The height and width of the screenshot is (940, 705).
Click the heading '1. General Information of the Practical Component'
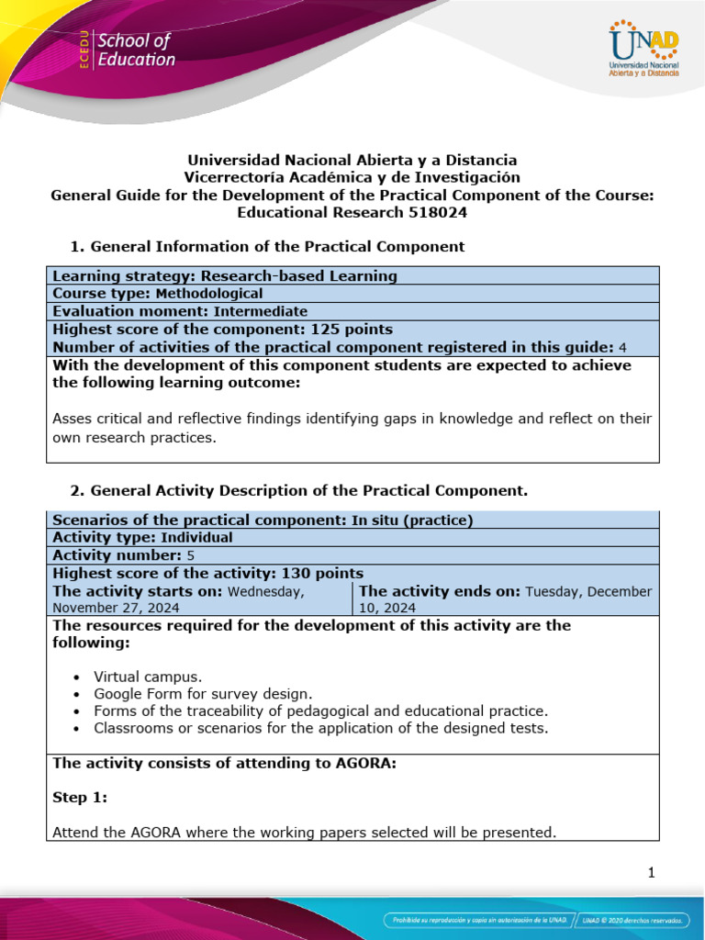[267, 246]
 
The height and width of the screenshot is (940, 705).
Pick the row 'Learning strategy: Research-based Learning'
[225, 275]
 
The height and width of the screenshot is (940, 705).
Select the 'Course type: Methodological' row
[158, 294]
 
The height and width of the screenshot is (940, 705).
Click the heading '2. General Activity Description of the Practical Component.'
[298, 490]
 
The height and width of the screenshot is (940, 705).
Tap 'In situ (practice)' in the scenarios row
[412, 520]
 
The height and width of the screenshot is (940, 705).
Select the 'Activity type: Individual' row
[142, 538]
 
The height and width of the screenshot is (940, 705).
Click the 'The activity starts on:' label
[138, 591]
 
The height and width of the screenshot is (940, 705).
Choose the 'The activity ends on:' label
[439, 591]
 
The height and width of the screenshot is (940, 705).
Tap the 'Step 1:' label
[80, 798]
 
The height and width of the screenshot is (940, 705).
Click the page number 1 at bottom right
[651, 873]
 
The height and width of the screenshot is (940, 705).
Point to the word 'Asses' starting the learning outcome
[73, 419]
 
